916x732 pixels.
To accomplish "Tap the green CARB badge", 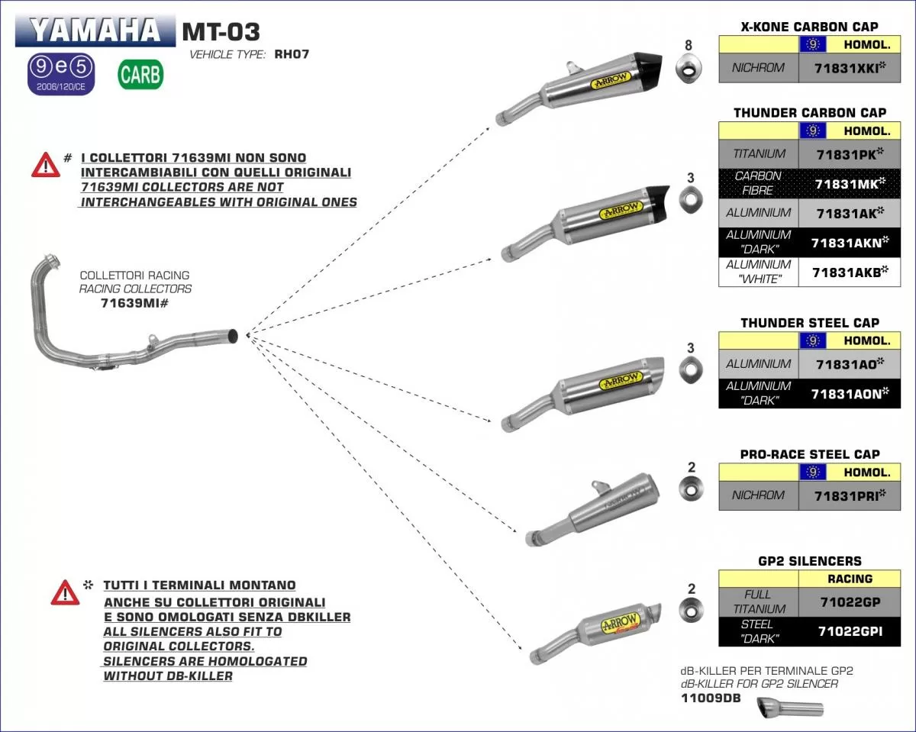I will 140,74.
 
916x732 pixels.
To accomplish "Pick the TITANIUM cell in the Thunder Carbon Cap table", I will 759,153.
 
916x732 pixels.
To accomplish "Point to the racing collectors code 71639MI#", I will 134,303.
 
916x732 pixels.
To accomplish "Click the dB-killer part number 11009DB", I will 710,698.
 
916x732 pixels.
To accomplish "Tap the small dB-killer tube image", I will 790,708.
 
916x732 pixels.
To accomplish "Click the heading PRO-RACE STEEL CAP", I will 810,454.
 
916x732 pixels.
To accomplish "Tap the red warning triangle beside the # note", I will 46,164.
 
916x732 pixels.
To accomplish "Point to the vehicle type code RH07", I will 291,54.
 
